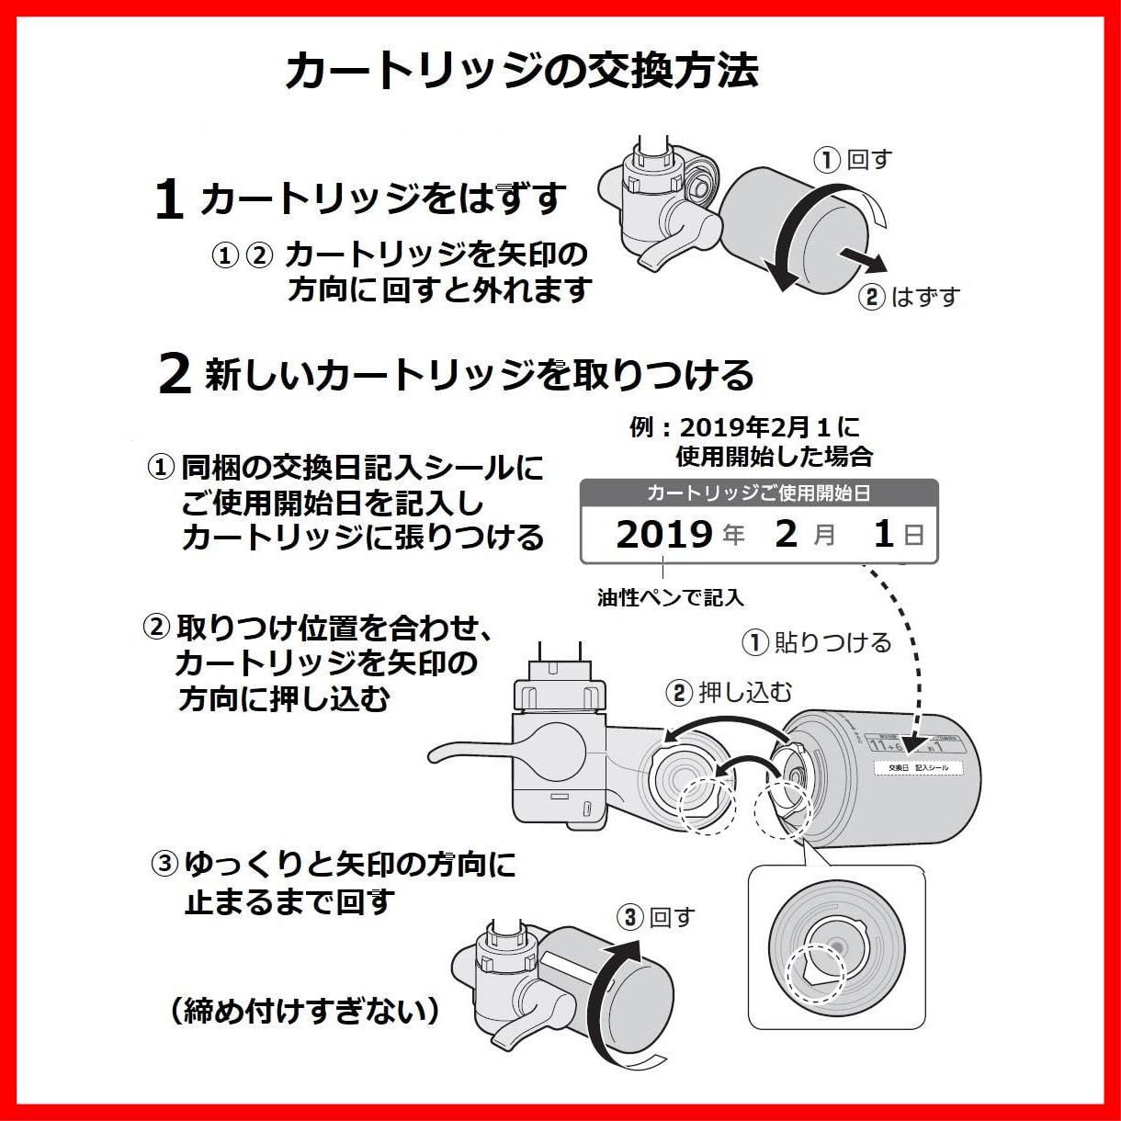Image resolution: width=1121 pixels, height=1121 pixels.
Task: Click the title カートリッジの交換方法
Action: [x=521, y=72]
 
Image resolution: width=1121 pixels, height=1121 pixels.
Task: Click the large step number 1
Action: [x=169, y=199]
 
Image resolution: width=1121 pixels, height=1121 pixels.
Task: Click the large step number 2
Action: [x=175, y=374]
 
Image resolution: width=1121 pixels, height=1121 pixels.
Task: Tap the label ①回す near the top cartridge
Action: [x=853, y=160]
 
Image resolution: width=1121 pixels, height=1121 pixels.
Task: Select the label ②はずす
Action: [x=909, y=297]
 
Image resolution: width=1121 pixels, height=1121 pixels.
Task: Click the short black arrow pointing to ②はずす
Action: [x=864, y=260]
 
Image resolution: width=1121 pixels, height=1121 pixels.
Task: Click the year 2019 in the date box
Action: [x=663, y=534]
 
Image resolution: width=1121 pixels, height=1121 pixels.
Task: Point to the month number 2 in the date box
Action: [x=786, y=534]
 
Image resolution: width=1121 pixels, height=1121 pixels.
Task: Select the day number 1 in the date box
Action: [x=883, y=534]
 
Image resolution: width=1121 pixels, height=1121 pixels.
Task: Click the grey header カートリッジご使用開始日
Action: [x=758, y=493]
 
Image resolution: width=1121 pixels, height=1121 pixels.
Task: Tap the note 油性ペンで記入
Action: [x=670, y=598]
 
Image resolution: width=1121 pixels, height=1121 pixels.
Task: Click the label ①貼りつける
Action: [x=816, y=642]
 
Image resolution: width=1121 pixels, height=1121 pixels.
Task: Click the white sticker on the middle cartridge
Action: [x=917, y=767]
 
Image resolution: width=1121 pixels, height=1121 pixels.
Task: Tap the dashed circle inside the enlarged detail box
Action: [x=816, y=974]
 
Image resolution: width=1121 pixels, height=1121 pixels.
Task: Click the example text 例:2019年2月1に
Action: [x=745, y=427]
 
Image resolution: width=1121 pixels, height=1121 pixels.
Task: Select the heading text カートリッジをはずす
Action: [x=382, y=199]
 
